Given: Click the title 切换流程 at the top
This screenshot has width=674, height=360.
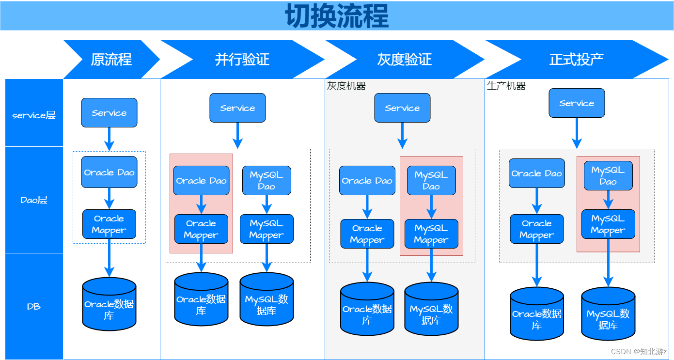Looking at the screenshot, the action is coord(337,16).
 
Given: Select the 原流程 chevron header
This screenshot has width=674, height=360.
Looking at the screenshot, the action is coord(111,59).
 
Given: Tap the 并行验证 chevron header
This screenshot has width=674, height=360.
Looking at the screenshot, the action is coord(242,59).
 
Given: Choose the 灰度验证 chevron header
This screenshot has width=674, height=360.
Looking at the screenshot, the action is coord(405,59).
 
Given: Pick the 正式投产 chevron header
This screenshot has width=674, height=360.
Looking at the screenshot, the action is coord(577,59).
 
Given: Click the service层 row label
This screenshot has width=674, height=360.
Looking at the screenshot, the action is coord(34,115).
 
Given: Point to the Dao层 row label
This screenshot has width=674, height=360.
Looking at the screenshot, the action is coord(34,200).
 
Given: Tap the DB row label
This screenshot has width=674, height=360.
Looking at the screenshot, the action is coord(34,306).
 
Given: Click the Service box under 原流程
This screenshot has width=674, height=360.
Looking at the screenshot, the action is coord(109,112).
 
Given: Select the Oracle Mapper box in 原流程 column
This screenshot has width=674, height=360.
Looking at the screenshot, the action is coord(109,224).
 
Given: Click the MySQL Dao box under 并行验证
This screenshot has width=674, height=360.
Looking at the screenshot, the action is coord(266,180).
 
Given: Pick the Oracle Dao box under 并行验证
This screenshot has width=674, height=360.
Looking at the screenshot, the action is coord(201,180).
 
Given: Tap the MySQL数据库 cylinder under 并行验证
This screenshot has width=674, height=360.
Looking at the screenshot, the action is coord(266,299).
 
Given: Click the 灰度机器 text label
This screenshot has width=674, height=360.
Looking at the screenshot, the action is coord(346,86).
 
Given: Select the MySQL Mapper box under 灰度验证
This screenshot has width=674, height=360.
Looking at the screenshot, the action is coord(431,234).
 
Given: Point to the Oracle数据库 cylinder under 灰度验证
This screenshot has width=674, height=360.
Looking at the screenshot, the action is coord(367,309).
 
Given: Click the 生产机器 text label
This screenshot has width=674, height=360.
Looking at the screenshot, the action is coord(506,86).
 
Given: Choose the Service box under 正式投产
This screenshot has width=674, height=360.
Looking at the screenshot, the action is coord(577,103).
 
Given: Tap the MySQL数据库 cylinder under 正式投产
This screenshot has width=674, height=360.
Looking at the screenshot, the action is coord(608,313).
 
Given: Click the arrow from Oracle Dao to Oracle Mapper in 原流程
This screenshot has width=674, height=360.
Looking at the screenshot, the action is coord(109,199).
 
